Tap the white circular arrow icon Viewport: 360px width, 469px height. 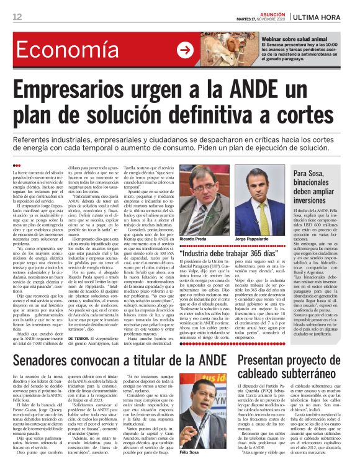point(184,51)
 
